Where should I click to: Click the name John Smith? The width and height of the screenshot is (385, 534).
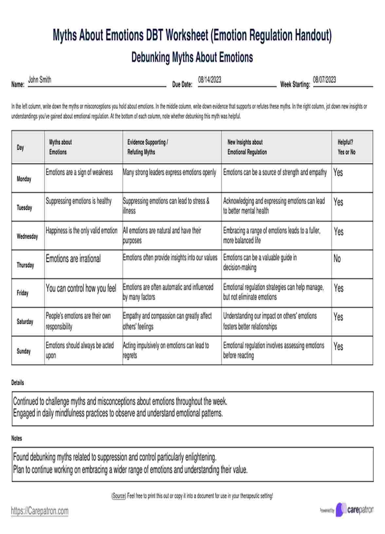tap(40, 80)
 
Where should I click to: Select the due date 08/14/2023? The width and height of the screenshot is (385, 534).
tap(210, 80)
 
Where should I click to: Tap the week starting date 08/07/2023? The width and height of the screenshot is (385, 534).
tap(324, 80)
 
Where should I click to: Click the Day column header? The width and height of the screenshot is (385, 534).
tap(20, 147)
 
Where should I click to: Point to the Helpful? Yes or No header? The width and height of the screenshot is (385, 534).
tap(346, 147)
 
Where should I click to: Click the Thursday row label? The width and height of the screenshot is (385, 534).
tap(25, 265)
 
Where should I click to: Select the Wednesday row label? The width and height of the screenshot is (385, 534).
tap(27, 236)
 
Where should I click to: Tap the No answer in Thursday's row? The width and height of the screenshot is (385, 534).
tap(337, 258)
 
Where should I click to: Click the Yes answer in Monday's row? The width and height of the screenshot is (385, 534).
tap(338, 172)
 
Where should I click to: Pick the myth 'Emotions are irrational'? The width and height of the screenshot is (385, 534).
tap(73, 259)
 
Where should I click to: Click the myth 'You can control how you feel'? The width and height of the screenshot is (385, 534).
tap(81, 288)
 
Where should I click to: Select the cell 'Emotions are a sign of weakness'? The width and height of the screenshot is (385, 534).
tap(79, 172)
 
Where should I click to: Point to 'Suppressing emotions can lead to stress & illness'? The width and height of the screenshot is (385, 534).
tap(166, 206)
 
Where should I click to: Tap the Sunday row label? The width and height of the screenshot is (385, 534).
tap(24, 351)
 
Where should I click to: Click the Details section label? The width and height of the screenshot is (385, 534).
tap(18, 382)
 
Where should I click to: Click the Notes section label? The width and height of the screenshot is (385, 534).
tap(17, 438)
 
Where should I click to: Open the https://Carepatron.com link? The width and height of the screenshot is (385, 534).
tap(40, 510)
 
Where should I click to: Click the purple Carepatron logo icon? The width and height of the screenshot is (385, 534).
tap(341, 509)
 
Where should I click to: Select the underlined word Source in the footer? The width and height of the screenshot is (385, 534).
tap(119, 496)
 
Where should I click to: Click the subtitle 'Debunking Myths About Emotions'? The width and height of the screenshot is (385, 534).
tap(192, 57)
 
